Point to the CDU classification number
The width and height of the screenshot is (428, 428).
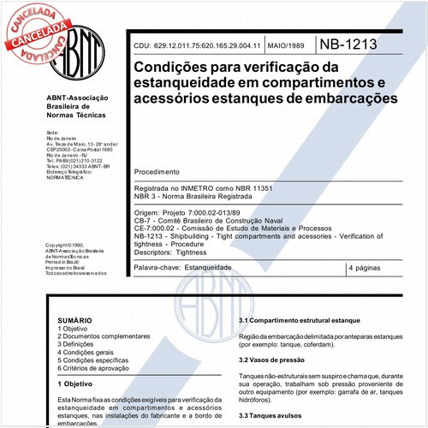(x=201, y=44)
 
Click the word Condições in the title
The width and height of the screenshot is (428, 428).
(x=169, y=65)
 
